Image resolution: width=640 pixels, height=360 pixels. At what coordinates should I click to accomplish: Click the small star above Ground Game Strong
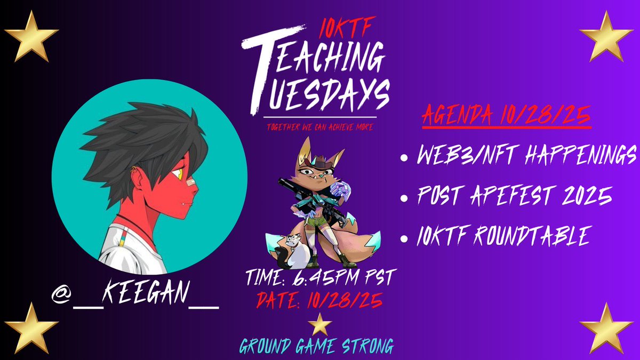point(320,324)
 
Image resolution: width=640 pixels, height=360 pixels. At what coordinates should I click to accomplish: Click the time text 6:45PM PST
point(319,278)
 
